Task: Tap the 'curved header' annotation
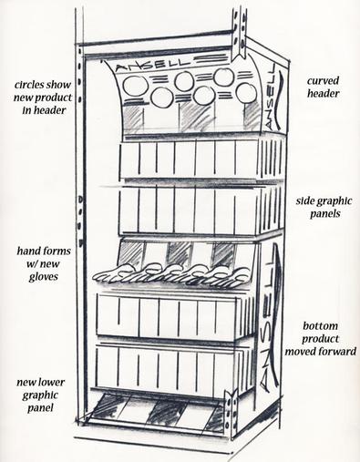point(323,87)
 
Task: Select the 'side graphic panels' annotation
point(324,207)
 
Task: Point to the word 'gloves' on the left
point(43,277)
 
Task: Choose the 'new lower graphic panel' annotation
point(40,395)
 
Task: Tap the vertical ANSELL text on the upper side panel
point(271,96)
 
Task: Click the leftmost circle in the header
point(133,86)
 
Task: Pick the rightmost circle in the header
point(246,93)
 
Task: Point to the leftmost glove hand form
point(113,273)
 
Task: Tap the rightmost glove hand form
point(237,275)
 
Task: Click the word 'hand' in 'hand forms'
point(27,251)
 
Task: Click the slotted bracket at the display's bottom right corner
point(231,416)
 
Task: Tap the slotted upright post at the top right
point(240,33)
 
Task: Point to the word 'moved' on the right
point(299,352)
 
